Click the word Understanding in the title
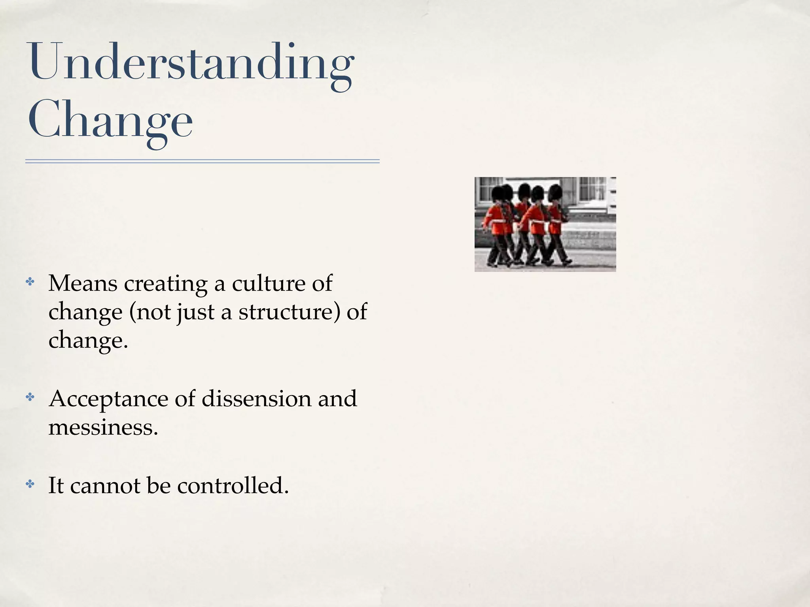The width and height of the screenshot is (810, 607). click(x=190, y=63)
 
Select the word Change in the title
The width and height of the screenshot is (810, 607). click(x=110, y=121)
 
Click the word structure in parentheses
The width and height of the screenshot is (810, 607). click(x=289, y=312)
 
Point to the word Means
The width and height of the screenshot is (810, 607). click(x=83, y=283)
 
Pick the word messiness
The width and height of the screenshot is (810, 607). click(x=103, y=427)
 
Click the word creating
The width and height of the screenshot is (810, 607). click(x=166, y=284)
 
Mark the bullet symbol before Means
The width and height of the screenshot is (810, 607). click(x=30, y=282)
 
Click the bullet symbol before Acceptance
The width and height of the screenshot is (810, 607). click(x=30, y=398)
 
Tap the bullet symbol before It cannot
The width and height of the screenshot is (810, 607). click(x=30, y=484)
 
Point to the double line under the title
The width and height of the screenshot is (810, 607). click(x=202, y=161)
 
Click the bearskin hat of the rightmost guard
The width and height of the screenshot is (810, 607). click(x=555, y=192)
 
